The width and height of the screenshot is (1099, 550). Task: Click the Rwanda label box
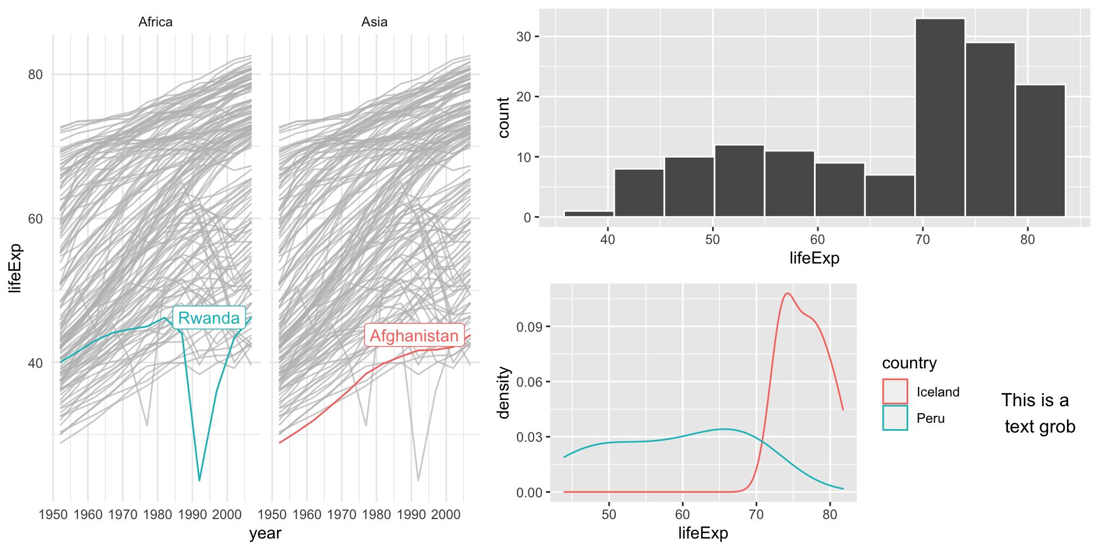click(209, 317)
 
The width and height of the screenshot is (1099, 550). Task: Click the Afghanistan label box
click(414, 335)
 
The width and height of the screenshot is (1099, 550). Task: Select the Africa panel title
click(155, 22)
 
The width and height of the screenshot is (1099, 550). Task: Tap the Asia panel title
click(374, 22)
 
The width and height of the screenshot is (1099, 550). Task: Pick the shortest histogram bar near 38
click(588, 214)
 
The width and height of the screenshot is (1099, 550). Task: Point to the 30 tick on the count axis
click(524, 37)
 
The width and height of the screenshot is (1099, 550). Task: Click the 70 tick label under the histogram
click(923, 239)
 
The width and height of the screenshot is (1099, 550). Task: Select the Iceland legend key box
click(895, 391)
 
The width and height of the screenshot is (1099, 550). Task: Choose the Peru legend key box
click(895, 418)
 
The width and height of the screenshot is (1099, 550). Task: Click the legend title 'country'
click(909, 363)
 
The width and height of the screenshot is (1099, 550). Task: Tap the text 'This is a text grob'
click(1038, 413)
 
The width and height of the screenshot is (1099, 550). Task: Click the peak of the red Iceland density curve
click(788, 293)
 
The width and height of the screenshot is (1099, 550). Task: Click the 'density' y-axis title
click(504, 393)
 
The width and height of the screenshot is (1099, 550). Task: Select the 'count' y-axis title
click(504, 117)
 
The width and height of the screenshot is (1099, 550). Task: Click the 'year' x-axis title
click(265, 533)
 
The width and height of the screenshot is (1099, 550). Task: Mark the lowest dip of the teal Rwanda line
click(199, 480)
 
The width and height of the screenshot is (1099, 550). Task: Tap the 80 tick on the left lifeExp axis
click(35, 74)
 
